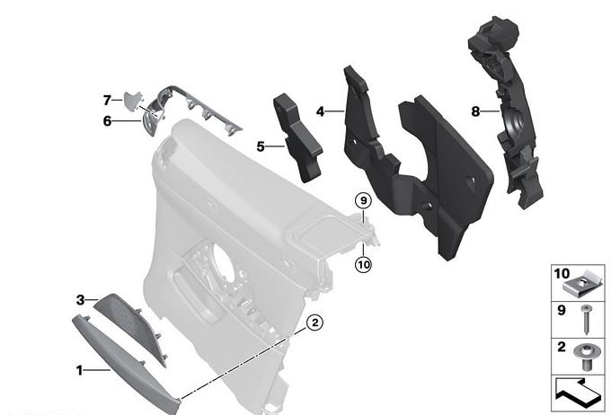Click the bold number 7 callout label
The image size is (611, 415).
click(107, 100)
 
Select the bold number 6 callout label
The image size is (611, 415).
click(107, 121)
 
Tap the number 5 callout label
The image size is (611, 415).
click(261, 146)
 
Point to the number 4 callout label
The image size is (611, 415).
click(320, 112)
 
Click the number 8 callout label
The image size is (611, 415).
click(475, 112)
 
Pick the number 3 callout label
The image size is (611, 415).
click(80, 300)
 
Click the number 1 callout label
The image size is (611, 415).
click(79, 370)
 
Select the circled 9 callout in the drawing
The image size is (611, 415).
click(363, 200)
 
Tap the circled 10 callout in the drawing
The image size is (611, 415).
click(363, 265)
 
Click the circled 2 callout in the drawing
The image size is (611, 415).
click(314, 322)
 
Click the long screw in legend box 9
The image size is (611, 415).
click(586, 320)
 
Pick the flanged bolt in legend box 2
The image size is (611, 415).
click(585, 356)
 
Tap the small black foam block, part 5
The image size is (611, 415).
click(297, 138)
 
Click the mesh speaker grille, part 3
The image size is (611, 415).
click(131, 327)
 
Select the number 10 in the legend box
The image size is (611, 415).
click(562, 274)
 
